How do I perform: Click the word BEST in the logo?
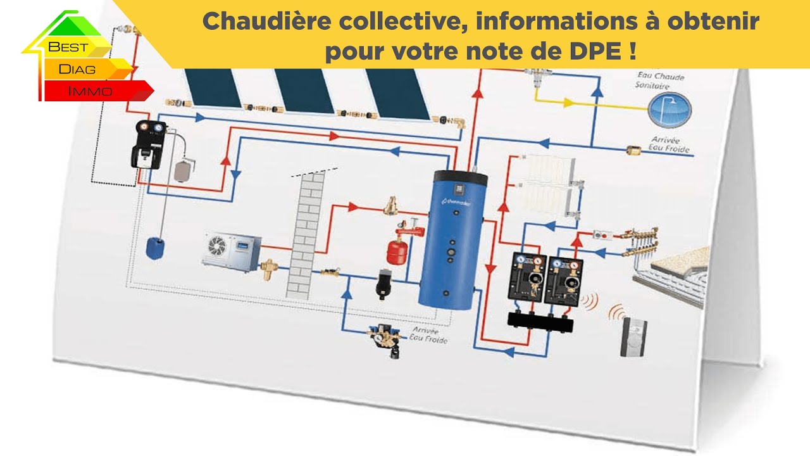[x=68, y=47]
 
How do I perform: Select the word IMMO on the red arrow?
[x=90, y=91]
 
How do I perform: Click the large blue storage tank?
[x=451, y=241]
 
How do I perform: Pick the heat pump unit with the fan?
[x=230, y=249]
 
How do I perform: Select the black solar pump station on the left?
[x=148, y=144]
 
